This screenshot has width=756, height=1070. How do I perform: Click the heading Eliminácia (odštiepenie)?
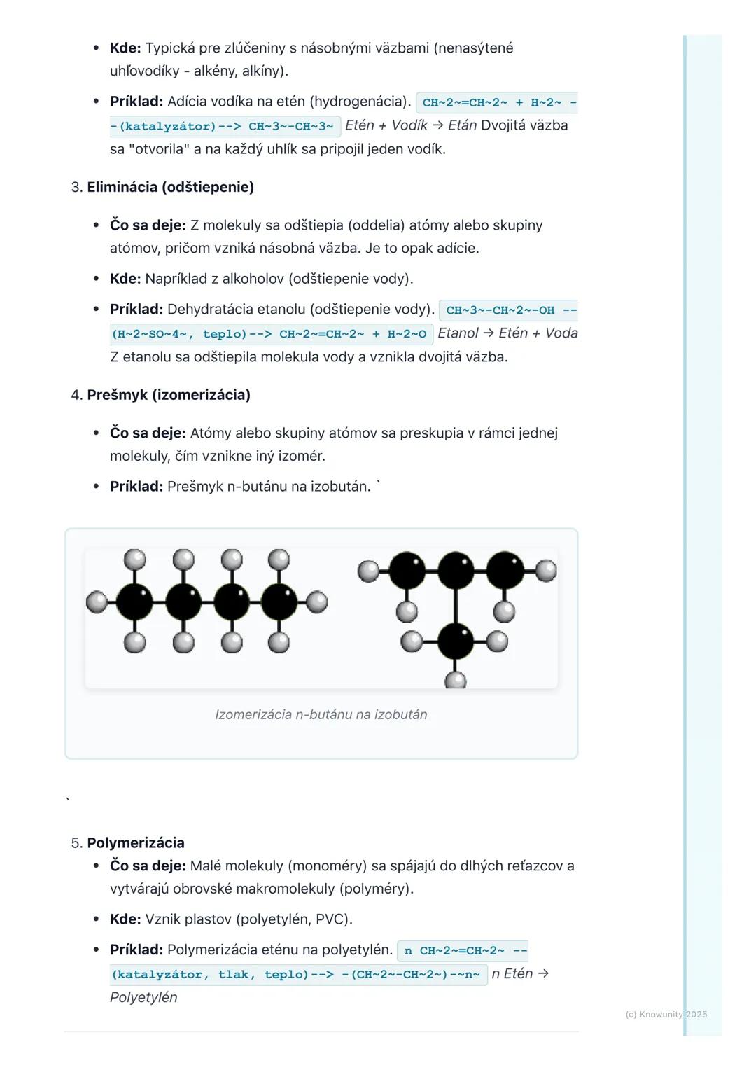(x=170, y=187)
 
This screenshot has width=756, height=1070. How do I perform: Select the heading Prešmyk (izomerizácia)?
(x=168, y=395)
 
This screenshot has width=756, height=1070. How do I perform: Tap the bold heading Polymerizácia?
(x=136, y=842)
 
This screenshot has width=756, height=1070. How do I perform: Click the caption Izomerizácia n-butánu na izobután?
(x=321, y=714)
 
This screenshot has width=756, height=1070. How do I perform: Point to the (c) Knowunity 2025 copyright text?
(x=666, y=1014)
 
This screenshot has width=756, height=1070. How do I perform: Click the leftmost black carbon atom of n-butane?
(x=134, y=601)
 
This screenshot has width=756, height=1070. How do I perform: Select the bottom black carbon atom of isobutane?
(x=455, y=641)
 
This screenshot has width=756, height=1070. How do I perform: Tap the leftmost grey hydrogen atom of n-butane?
(x=97, y=601)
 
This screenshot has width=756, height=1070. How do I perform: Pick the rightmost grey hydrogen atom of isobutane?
(x=546, y=571)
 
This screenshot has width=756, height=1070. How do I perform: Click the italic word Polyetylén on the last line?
(x=143, y=997)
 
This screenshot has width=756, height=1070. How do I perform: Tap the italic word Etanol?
(x=458, y=333)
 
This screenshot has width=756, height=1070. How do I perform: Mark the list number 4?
(x=76, y=395)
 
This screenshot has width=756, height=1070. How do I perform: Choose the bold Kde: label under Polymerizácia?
(x=125, y=919)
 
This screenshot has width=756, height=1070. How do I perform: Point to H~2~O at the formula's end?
(x=407, y=334)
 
